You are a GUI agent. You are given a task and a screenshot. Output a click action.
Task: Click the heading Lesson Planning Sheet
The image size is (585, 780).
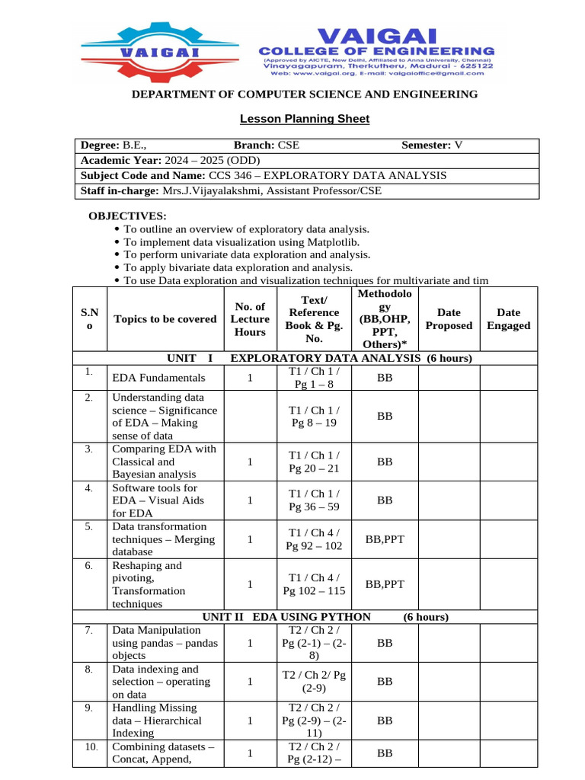click(x=305, y=118)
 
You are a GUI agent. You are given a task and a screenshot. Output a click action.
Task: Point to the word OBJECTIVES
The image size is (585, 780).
click(x=127, y=216)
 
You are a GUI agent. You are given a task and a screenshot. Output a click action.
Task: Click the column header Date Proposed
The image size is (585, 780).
click(x=449, y=318)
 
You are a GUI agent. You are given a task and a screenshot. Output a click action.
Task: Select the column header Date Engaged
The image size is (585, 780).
click(x=508, y=318)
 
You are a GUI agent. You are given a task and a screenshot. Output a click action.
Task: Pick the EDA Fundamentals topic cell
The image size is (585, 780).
click(x=158, y=377)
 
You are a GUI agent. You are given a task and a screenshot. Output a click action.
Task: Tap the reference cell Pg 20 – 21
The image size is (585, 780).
click(x=313, y=468)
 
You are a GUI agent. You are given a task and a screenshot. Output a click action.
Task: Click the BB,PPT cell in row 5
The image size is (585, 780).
click(x=385, y=539)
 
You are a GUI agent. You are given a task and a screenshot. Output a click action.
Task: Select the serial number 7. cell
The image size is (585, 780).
click(x=89, y=630)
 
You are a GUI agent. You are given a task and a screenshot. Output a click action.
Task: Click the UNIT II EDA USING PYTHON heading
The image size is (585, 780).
click(x=286, y=616)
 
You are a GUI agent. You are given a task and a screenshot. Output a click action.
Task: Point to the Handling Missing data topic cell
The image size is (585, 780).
click(x=156, y=720)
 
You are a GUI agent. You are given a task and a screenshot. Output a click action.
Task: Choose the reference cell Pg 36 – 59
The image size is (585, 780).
click(x=313, y=507)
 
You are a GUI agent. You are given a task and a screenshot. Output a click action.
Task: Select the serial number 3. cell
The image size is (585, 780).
click(x=89, y=449)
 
